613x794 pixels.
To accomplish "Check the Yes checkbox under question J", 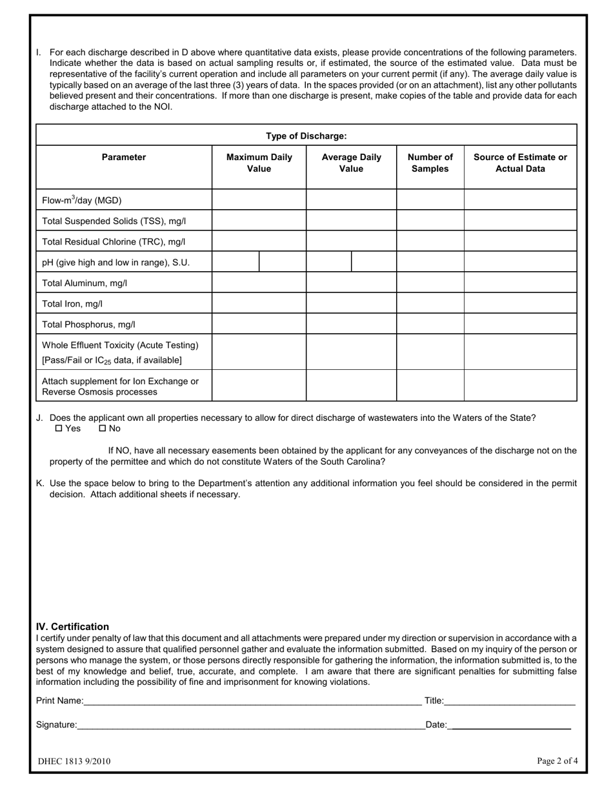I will tap(59, 429).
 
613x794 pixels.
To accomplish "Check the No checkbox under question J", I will tap(102, 429).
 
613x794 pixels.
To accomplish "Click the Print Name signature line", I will tap(252, 701).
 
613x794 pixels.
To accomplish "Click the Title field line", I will tap(510, 701).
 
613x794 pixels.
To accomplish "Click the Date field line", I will tap(510, 726).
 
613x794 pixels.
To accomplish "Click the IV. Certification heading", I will tap(72, 627).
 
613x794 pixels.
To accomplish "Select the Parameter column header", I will tap(124, 157).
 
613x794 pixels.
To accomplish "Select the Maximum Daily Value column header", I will tap(259, 163).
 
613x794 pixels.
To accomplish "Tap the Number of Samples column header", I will tap(430, 163).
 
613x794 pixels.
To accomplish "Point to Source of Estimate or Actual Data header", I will tap(520, 163).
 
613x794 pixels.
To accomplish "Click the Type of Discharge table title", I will tap(306, 136).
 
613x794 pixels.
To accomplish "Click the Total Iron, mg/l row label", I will tap(72, 303).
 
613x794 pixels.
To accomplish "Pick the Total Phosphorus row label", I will tap(88, 325).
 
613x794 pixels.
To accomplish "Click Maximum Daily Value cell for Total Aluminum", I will tap(259, 283).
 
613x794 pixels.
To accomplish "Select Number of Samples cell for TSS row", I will tap(430, 221).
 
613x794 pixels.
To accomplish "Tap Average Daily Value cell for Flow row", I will tap(351, 200).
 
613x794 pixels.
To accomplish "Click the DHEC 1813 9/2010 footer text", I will tap(74, 761).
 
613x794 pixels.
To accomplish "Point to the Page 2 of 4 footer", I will tap(557, 760).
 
